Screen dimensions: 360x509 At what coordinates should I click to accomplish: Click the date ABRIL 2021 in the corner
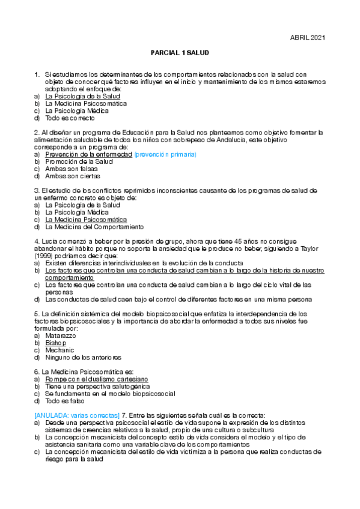point(307,38)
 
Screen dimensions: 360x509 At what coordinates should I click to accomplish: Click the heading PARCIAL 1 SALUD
point(180,53)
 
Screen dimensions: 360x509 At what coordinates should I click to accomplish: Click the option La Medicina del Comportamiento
point(94,227)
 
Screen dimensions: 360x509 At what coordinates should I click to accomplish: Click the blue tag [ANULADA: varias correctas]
point(78,415)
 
